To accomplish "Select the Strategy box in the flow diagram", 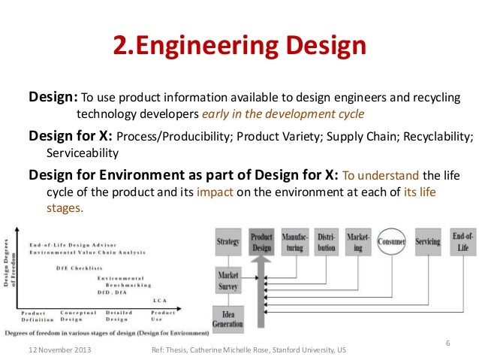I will (x=227, y=242).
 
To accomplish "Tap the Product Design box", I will (x=261, y=241).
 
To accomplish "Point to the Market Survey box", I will (x=227, y=280).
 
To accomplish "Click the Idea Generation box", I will (x=227, y=319).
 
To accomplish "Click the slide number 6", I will (x=447, y=343).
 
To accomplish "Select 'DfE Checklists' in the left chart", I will (x=80, y=268).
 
